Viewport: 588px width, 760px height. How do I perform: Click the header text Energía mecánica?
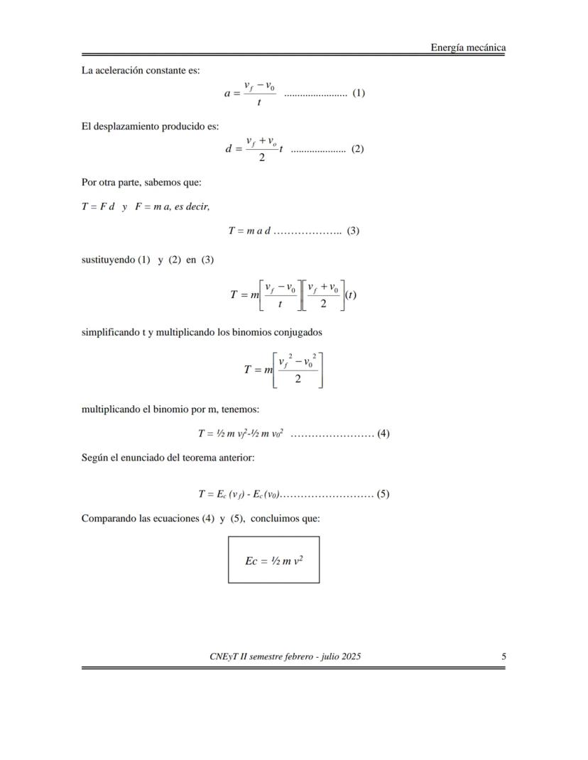click(468, 48)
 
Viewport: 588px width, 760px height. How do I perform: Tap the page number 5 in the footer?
click(503, 656)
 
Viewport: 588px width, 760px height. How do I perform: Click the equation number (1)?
click(359, 93)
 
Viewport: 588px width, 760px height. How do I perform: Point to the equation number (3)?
click(353, 231)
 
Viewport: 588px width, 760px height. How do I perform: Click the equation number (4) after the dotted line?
click(383, 434)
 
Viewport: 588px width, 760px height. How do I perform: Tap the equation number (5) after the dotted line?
click(383, 495)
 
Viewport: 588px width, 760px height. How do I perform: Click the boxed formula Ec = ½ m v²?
click(273, 561)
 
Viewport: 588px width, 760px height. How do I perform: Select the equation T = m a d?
click(249, 231)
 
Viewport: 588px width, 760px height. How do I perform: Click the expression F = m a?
click(153, 206)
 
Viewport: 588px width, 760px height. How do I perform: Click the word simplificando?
click(110, 331)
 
